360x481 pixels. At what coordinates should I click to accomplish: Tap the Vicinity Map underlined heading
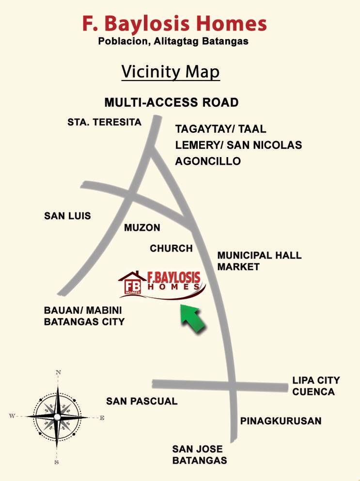tap(171, 72)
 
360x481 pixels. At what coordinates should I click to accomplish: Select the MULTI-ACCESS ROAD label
tap(172, 103)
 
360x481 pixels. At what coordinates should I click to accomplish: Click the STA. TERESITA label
tap(104, 122)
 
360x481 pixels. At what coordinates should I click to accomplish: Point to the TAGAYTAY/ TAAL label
tap(220, 129)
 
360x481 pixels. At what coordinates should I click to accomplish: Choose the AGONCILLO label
tap(208, 161)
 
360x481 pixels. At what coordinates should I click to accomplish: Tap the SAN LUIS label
tap(67, 216)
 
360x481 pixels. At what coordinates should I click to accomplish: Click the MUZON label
tap(142, 227)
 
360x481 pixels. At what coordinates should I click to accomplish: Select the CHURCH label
tap(171, 248)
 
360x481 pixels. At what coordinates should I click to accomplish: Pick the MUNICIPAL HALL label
tap(259, 255)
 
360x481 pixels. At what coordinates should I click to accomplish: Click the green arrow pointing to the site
tap(193, 320)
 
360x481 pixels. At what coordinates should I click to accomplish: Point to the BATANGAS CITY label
tap(84, 321)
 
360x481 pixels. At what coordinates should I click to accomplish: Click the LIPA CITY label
tap(316, 380)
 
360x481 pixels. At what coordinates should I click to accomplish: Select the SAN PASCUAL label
tap(142, 401)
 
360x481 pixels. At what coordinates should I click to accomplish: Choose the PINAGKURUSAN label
tap(281, 421)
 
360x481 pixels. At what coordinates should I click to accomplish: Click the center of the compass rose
tap(57, 417)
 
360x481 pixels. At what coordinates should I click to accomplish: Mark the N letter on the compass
tap(58, 372)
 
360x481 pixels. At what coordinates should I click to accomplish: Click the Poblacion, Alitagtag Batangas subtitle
tap(173, 42)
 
